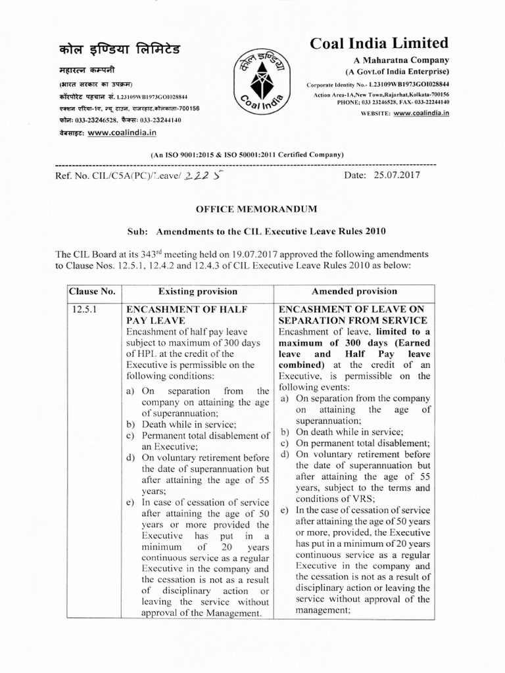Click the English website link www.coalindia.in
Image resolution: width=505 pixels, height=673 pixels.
click(417, 113)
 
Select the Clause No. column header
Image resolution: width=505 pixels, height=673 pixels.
click(94, 291)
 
